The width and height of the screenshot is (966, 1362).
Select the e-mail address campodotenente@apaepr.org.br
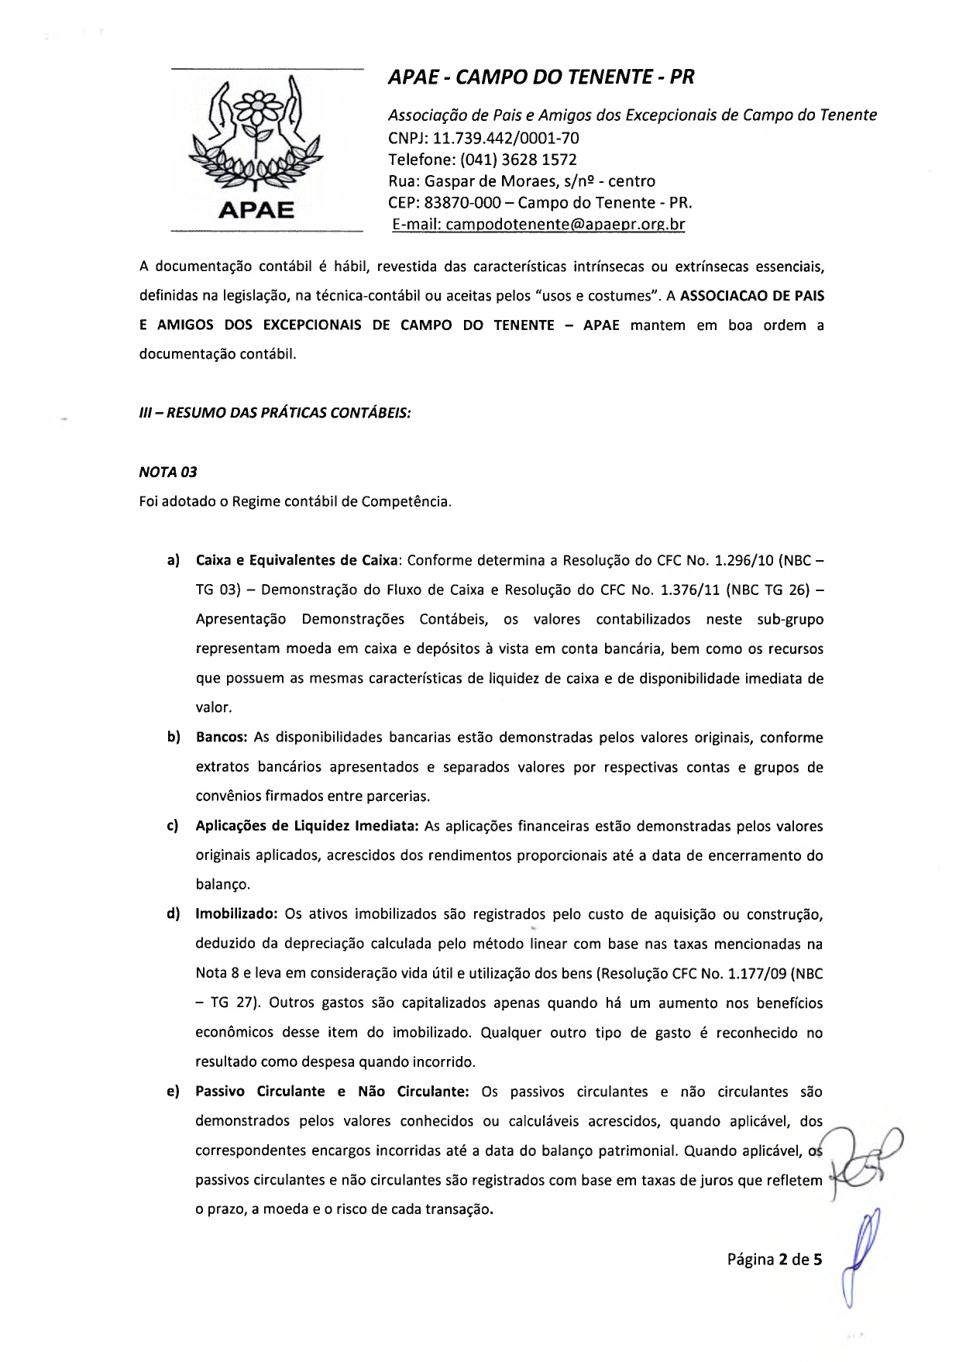pos(566,225)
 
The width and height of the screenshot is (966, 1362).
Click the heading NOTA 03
pos(168,473)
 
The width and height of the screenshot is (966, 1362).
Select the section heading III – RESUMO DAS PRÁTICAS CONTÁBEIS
pos(275,413)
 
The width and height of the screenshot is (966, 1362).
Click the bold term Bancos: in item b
pos(222,738)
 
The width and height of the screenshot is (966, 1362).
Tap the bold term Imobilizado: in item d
pos(236,914)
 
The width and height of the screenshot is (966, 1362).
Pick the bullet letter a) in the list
pos(174,560)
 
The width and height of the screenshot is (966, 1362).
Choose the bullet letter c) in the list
pos(173,826)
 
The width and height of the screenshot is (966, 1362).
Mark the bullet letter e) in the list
pos(173,1092)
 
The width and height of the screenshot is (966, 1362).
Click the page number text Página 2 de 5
pos(774,1260)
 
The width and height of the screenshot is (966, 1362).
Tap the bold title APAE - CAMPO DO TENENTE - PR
pos(541,77)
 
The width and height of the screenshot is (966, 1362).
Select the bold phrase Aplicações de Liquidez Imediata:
pos(307,826)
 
